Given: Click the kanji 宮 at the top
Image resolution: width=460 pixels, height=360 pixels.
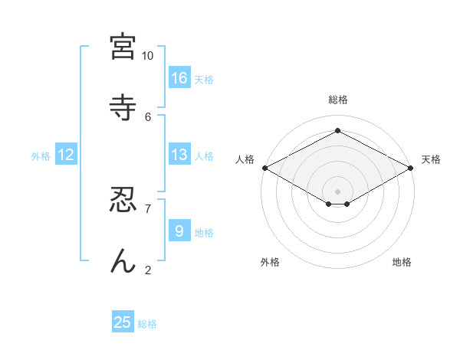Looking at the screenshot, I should (123, 47).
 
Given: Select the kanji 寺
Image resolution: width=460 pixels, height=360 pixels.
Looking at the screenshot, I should (123, 106).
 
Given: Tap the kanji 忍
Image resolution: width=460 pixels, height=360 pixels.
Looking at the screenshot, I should (123, 201).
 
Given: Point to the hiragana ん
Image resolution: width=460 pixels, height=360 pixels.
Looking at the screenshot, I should (123, 261).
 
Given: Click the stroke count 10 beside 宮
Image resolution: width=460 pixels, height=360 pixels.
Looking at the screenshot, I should (148, 56).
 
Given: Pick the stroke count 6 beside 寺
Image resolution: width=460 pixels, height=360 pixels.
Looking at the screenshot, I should (148, 116).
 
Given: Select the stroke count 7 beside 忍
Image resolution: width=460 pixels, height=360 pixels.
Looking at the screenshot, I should (148, 208).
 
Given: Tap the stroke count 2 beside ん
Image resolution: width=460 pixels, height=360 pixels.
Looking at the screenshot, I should (148, 269).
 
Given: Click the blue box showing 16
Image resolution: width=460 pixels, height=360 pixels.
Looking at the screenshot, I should (179, 77).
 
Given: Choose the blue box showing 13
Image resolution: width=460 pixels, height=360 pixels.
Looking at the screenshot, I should (179, 155).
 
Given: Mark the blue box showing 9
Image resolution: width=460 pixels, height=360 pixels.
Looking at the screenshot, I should (179, 231).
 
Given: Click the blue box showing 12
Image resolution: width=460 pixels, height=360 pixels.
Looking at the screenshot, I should (66, 155).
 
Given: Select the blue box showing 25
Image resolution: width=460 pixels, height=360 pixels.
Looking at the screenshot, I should (123, 322).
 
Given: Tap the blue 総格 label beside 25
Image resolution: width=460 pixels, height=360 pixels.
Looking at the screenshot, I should (147, 324).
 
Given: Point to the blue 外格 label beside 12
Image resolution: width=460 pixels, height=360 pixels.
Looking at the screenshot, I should (41, 156).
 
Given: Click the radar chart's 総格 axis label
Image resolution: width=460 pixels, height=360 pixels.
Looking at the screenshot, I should (337, 100).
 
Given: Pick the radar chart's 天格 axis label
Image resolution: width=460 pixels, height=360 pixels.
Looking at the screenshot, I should (431, 159).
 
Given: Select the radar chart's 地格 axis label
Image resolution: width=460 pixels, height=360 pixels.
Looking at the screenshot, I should (402, 262).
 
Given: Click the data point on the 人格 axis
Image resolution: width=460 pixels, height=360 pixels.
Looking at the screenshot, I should (264, 168).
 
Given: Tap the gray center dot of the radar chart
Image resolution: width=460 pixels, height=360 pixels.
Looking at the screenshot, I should (337, 191).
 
